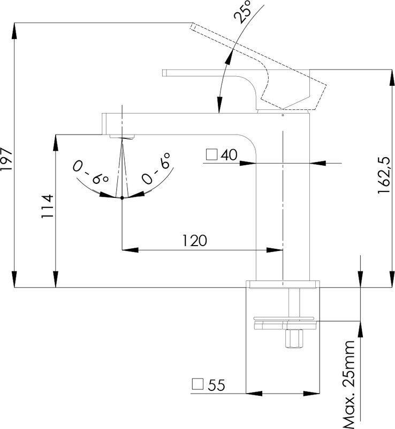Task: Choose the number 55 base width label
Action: [216, 384]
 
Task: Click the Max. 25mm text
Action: [349, 383]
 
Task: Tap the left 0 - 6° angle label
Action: [92, 173]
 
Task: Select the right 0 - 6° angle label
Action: [156, 168]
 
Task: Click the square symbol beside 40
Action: [211, 156]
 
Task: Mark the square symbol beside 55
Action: [197, 384]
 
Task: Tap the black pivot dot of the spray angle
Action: [123, 198]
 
